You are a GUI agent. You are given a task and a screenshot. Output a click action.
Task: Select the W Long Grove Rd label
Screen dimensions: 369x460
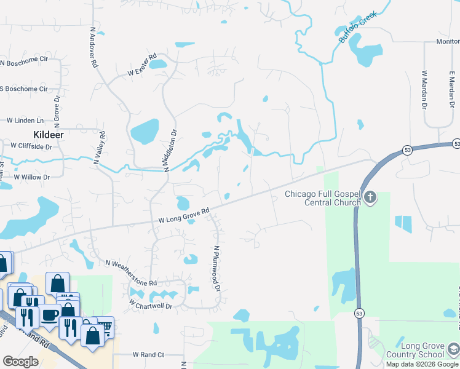pos(184,216)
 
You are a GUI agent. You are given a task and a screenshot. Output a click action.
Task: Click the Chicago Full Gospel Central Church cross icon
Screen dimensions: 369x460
pos(370,197)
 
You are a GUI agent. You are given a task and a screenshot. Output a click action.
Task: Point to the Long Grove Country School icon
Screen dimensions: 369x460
pos(453,350)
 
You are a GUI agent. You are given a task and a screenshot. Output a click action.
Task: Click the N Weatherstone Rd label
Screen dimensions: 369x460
pos(131,273)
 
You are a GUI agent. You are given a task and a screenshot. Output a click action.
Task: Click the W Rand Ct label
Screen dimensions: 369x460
pos(148,355)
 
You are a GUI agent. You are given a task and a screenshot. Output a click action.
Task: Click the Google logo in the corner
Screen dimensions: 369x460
pos(20,362)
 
